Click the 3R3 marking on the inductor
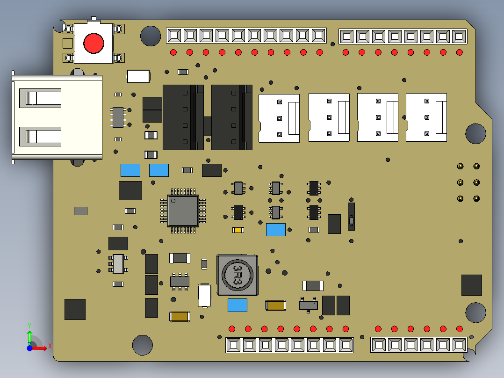pyautogui.click(x=237, y=275)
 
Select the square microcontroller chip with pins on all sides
pyautogui.click(x=183, y=211)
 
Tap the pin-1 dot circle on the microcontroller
pyautogui.click(x=173, y=201)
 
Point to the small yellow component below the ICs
pyautogui.click(x=238, y=230)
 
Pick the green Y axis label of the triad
pyautogui.click(x=29, y=325)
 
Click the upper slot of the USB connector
pyautogui.click(x=40, y=98)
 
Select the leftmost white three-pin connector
pyautogui.click(x=279, y=118)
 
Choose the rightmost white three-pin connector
pyautogui.click(x=426, y=118)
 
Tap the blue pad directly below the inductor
pyautogui.click(x=237, y=305)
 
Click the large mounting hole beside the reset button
pyautogui.click(x=151, y=36)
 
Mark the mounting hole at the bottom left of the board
pyautogui.click(x=142, y=345)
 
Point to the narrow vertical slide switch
pyautogui.click(x=351, y=217)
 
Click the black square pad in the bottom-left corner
pyautogui.click(x=75, y=309)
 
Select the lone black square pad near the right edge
pyautogui.click(x=471, y=285)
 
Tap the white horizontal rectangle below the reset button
pyautogui.click(x=138, y=76)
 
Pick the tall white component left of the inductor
pyautogui.click(x=205, y=295)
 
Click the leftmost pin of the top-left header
pyautogui.click(x=174, y=36)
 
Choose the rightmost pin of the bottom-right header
pyautogui.click(x=459, y=345)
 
